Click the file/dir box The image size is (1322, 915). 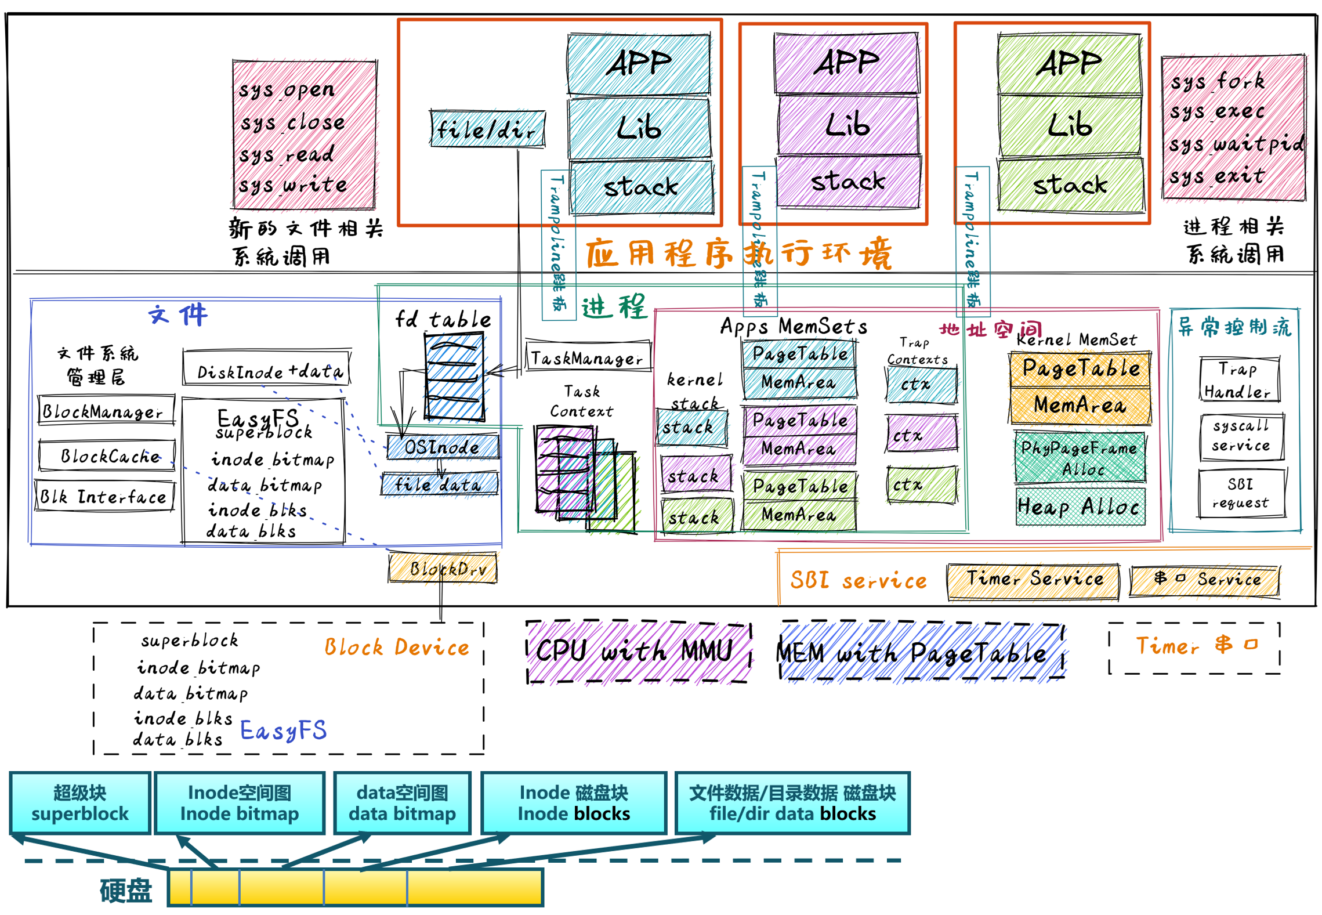[x=487, y=129]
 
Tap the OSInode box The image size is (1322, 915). [x=442, y=447]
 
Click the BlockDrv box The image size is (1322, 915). [x=443, y=568]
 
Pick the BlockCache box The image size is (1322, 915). [x=107, y=456]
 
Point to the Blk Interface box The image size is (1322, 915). [x=104, y=496]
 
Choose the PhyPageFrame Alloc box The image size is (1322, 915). [x=1080, y=457]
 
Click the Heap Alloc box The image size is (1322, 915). [x=1080, y=507]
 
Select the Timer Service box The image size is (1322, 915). [x=1033, y=580]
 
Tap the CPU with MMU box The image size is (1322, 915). [x=638, y=652]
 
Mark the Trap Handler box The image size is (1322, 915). [x=1239, y=379]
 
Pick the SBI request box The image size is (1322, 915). [x=1241, y=493]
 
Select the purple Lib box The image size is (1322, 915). [x=847, y=125]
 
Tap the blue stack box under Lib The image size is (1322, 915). [x=641, y=187]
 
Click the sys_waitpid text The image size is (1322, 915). [x=1236, y=143]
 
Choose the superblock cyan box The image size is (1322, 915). [x=80, y=802]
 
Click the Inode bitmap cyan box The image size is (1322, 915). [x=239, y=802]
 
